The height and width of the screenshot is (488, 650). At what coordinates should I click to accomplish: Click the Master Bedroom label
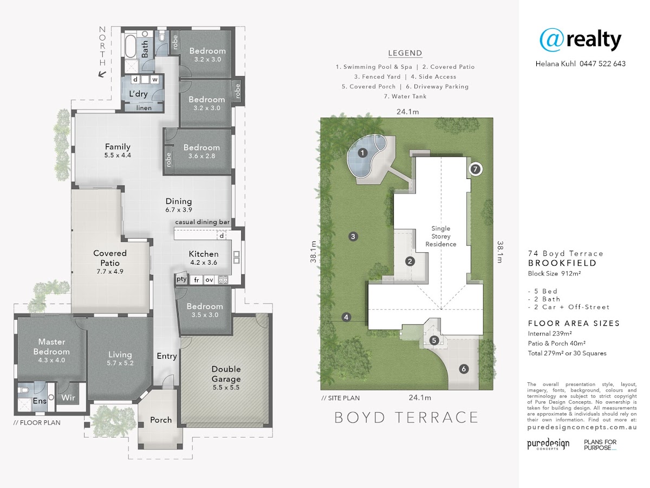point(51,346)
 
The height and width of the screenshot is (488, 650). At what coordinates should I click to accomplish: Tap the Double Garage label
point(226,374)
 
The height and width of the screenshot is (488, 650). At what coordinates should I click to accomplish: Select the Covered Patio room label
point(110,258)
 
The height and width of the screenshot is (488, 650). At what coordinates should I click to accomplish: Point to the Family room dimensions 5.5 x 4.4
point(118,155)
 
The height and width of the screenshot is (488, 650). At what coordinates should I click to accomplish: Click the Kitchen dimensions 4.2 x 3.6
point(204,262)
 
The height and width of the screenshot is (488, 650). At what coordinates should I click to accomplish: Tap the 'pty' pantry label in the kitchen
point(181,279)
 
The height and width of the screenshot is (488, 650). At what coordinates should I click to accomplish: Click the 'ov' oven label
point(209,280)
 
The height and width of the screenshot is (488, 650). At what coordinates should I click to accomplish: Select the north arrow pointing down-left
point(102,74)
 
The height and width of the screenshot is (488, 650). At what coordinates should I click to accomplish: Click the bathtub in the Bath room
point(129,47)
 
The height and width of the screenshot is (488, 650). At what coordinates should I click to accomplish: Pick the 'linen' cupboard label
point(144,108)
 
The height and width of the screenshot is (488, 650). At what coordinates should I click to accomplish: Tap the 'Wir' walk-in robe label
point(68,397)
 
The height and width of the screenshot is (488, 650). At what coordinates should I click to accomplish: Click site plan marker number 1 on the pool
point(362,153)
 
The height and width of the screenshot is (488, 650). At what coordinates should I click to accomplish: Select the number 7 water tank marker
point(475,169)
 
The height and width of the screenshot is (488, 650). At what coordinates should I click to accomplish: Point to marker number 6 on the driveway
point(464,369)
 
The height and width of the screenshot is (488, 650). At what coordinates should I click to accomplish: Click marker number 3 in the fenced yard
point(353,236)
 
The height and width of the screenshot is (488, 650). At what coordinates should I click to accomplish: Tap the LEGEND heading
point(405,53)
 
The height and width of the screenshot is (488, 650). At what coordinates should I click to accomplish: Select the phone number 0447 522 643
point(603,63)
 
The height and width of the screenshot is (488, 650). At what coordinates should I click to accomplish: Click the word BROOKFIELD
point(562,263)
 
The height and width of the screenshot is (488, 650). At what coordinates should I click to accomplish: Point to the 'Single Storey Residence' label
point(440,236)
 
